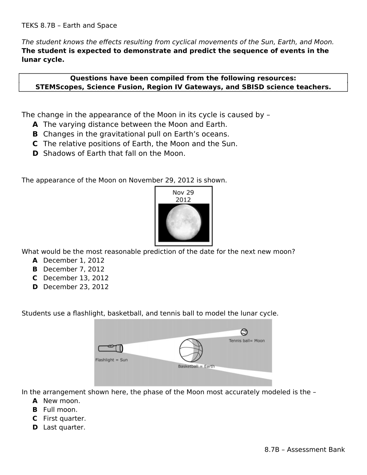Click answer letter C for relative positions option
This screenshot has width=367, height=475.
[x=35, y=144]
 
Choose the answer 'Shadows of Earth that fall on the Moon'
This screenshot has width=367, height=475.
[x=114, y=153]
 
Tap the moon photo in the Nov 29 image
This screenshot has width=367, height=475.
[x=183, y=223]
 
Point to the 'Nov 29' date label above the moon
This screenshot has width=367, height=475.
[x=183, y=192]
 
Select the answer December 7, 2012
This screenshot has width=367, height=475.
[x=73, y=269]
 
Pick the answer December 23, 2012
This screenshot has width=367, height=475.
[x=76, y=287]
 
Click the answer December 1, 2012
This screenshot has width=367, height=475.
[x=73, y=260]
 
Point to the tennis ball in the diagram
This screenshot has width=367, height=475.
[x=244, y=332]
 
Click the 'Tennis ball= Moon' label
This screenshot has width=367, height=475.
[x=247, y=341]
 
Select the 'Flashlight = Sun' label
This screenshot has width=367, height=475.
[x=111, y=360]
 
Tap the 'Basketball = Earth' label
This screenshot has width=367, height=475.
[x=196, y=366]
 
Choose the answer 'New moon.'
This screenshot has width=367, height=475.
[x=61, y=401]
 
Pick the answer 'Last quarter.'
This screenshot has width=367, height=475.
[x=64, y=427]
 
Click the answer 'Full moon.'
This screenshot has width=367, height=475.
[x=60, y=410]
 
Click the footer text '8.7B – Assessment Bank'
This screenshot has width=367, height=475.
[x=304, y=449]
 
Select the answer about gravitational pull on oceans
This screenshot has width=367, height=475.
[x=136, y=134]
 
